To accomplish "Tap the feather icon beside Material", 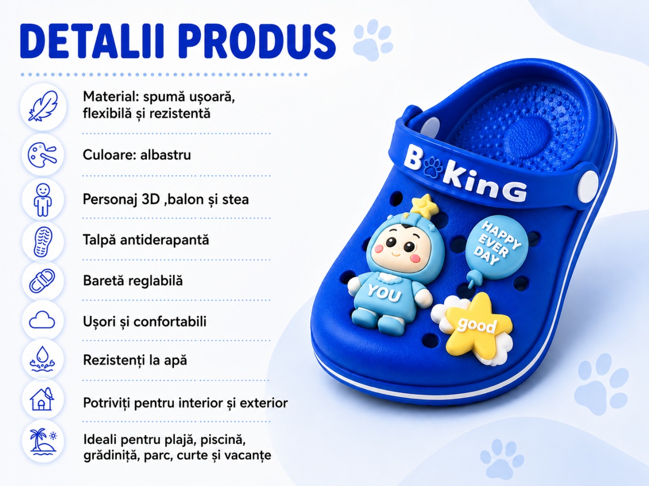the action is click(x=43, y=106).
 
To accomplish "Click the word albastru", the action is click(x=166, y=154).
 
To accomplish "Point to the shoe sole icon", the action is click(x=43, y=241).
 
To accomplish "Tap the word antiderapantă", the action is click(x=164, y=240).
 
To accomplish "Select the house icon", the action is click(x=42, y=399).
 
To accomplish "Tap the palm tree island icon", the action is click(x=43, y=441).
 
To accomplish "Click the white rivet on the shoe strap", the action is click(x=588, y=186).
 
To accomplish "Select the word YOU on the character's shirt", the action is click(x=385, y=294).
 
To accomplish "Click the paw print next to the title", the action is click(x=373, y=40).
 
